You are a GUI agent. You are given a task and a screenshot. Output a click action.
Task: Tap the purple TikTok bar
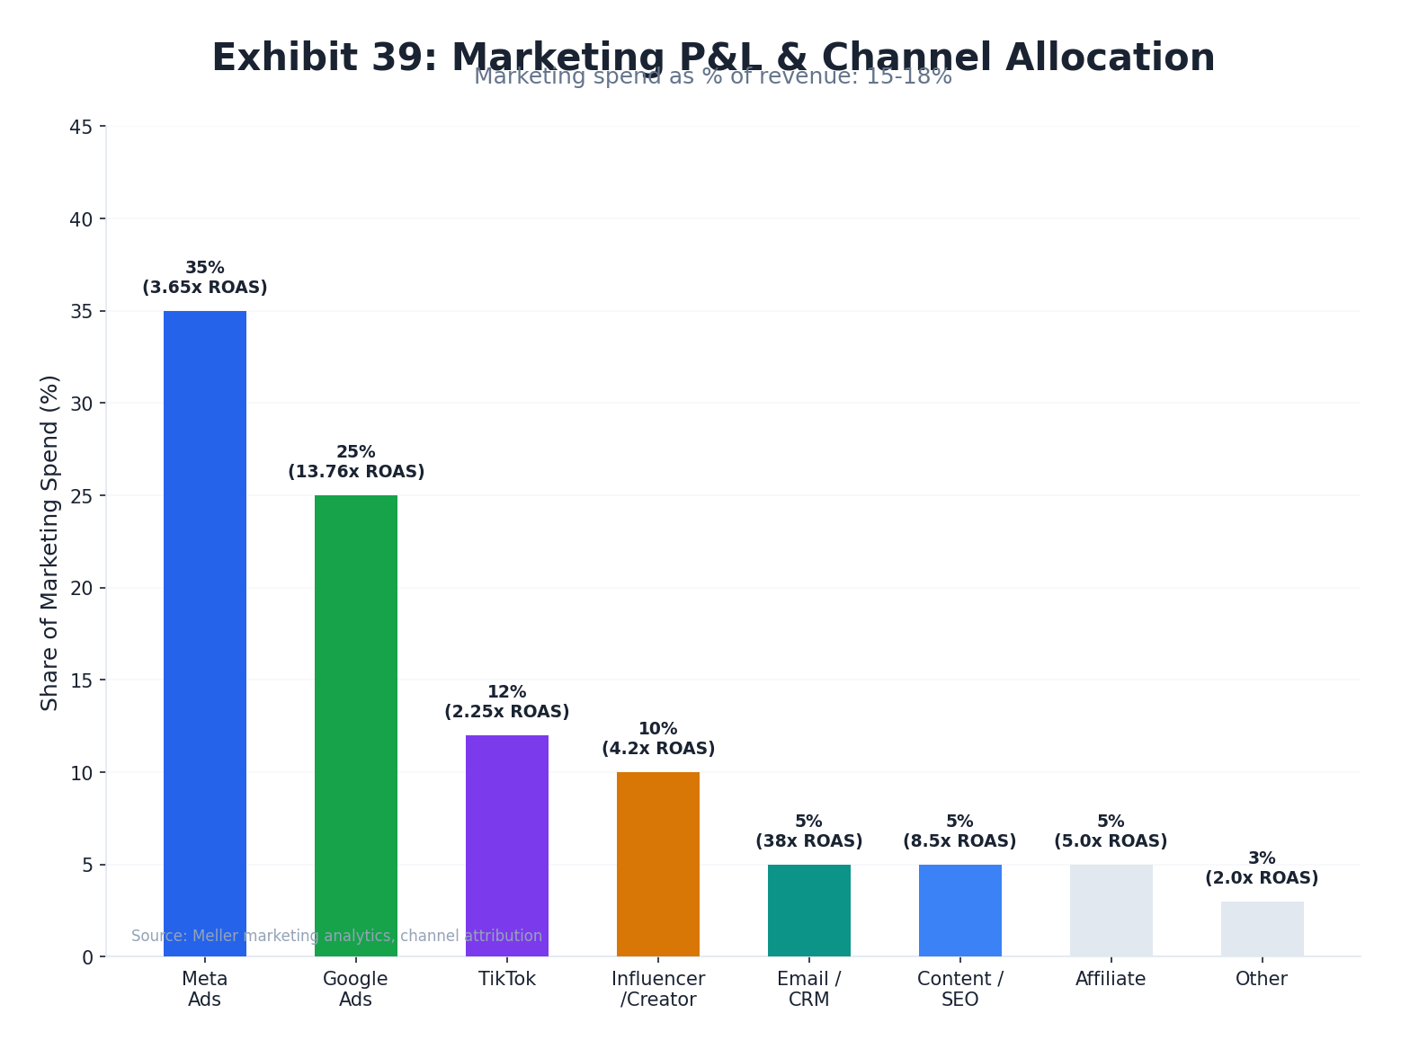507,845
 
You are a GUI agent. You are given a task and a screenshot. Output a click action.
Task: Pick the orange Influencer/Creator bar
658,864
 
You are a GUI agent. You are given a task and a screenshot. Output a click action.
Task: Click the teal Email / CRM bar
809,910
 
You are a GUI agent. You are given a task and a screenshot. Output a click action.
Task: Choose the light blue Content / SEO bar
960,910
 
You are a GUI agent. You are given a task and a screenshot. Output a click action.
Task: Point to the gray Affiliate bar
1111,910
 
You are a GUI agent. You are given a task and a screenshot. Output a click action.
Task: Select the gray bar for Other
1262,929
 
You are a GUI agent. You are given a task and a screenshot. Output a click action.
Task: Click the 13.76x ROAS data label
356,472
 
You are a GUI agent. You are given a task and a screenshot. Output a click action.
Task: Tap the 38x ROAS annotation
809,841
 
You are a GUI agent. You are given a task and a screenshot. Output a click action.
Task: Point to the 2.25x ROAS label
507,712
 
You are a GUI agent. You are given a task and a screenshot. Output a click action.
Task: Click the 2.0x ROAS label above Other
1262,878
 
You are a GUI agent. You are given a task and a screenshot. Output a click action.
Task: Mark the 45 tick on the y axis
81,128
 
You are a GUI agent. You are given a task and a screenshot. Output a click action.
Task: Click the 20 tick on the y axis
81,589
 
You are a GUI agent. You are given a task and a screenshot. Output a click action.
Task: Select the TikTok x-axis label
507,979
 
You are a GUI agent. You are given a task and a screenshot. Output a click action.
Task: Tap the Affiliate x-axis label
1111,979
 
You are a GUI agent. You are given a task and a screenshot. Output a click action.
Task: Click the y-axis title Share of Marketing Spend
50,542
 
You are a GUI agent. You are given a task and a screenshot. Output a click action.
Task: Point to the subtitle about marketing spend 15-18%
713,77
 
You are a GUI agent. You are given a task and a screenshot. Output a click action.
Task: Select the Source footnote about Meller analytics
336,936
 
